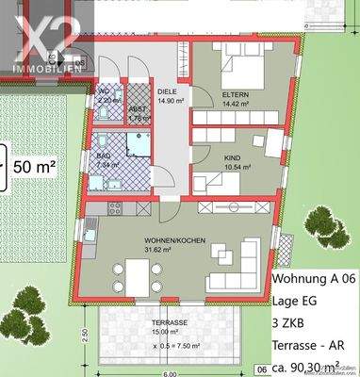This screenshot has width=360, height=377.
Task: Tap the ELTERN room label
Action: pos(236,95)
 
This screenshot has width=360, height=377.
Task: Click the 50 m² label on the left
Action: pos(36,166)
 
